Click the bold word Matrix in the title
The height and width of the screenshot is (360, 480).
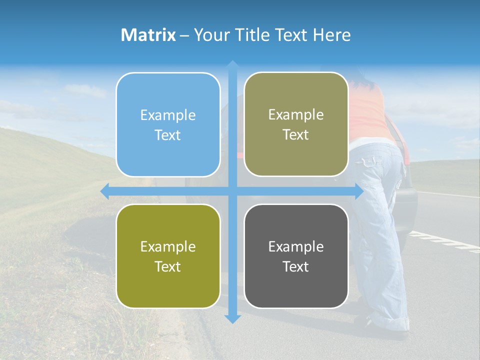tap(148, 35)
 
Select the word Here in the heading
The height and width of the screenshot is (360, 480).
tap(332, 35)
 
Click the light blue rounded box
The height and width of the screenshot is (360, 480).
tap(168, 125)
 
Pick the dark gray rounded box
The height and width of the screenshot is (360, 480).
tap(296, 256)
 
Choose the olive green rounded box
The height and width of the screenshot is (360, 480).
tap(168, 256)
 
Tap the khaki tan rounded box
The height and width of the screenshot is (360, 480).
tap(296, 124)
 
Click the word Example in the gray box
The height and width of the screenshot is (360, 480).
tap(296, 246)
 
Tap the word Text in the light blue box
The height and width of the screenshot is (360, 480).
tap(168, 135)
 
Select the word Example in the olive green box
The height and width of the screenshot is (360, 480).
tap(168, 246)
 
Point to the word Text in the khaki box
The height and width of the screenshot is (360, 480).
tap(296, 135)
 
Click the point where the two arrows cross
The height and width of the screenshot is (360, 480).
tap(232, 191)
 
